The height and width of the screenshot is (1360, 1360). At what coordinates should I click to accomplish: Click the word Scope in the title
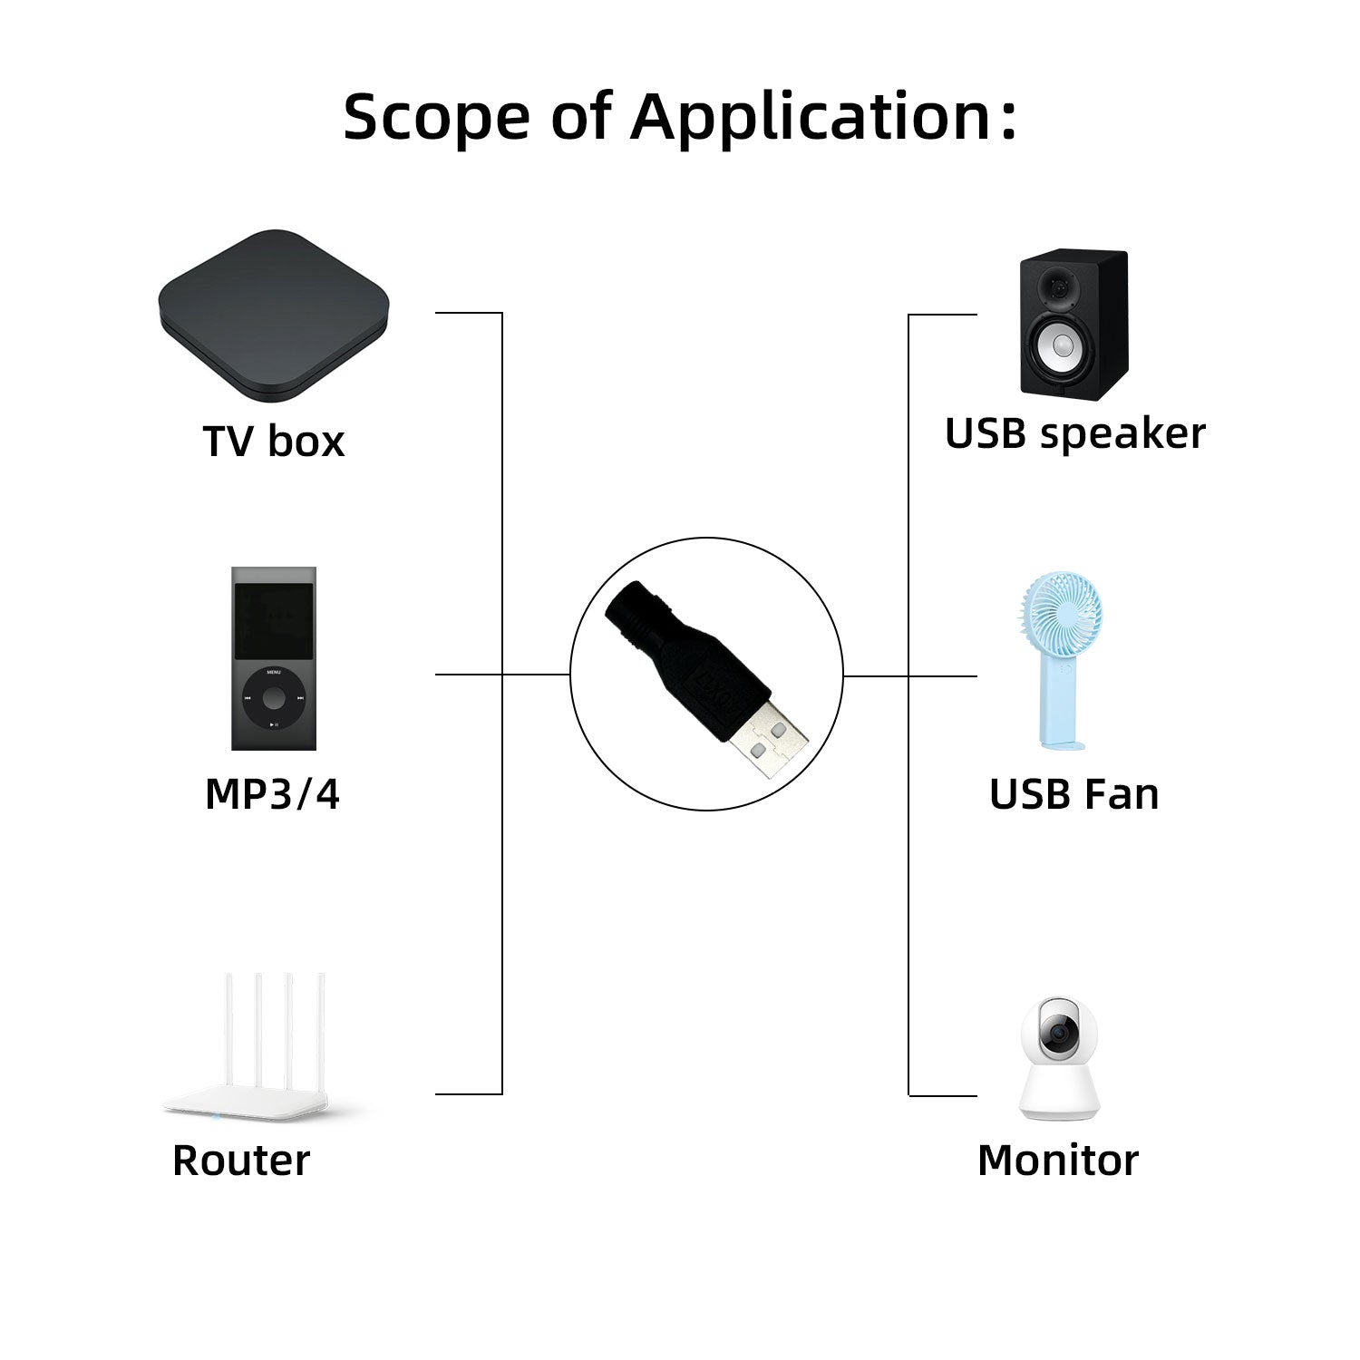pyautogui.click(x=435, y=118)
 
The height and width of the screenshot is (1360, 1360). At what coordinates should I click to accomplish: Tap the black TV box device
pyautogui.click(x=273, y=313)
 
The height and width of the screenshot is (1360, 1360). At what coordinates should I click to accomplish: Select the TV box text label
pyautogui.click(x=273, y=442)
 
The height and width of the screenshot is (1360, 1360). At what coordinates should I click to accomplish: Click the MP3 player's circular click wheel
pyautogui.click(x=273, y=699)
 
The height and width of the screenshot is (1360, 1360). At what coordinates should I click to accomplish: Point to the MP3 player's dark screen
pyautogui.click(x=273, y=621)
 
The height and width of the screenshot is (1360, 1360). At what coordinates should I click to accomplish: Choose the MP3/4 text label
pyautogui.click(x=272, y=794)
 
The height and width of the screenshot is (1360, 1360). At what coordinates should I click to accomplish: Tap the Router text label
pyautogui.click(x=241, y=1161)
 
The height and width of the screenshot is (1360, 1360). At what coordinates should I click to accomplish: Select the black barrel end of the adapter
pyautogui.click(x=639, y=612)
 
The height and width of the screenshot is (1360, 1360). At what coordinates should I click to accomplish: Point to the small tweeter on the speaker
pyautogui.click(x=1058, y=288)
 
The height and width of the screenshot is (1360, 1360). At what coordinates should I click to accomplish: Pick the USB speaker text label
pyautogui.click(x=1074, y=433)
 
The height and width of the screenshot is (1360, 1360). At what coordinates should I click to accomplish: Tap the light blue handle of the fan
pyautogui.click(x=1060, y=703)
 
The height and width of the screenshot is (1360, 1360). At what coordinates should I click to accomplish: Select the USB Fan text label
pyautogui.click(x=1073, y=794)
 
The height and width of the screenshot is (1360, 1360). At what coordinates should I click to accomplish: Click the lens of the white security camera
pyautogui.click(x=1057, y=1034)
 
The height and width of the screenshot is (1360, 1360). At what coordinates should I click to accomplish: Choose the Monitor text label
pyautogui.click(x=1057, y=1161)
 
